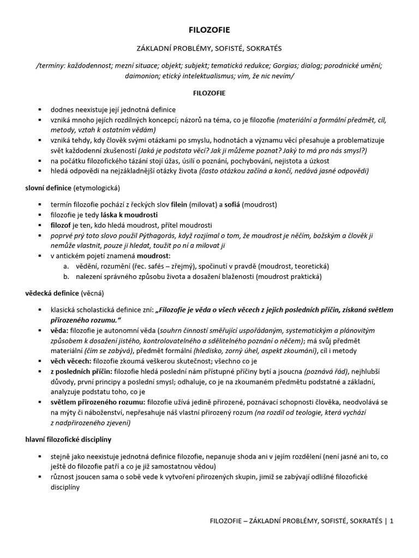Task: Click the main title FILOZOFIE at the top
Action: (x=209, y=31)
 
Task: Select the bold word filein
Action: (x=179, y=204)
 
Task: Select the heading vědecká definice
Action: (x=52, y=293)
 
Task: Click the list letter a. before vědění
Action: (x=65, y=266)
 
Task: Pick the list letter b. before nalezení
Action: (x=65, y=277)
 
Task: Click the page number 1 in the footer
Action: (x=391, y=521)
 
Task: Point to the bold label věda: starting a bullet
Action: (x=59, y=331)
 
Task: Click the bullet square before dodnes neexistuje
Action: (x=40, y=110)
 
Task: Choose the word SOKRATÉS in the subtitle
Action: (x=259, y=48)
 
